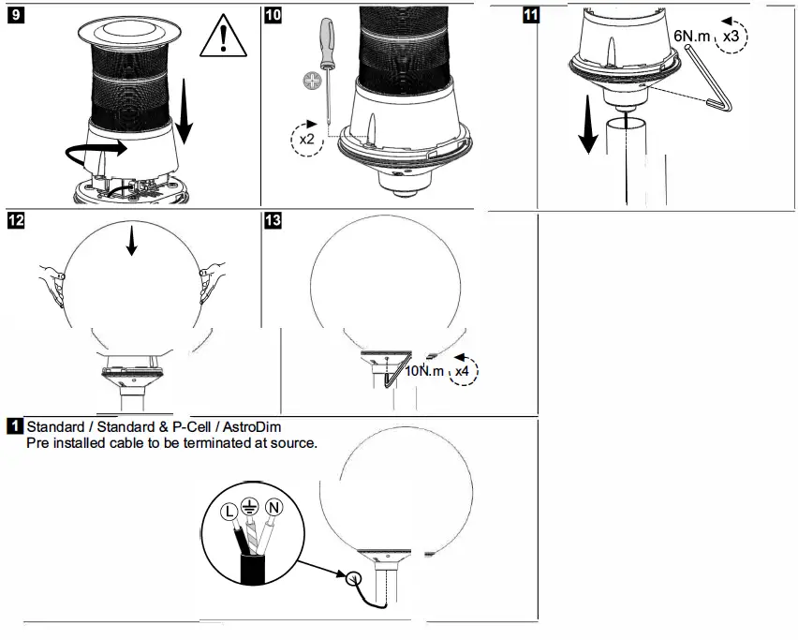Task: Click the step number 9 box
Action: click(x=14, y=17)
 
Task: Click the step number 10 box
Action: click(x=273, y=17)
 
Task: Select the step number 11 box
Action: click(x=531, y=17)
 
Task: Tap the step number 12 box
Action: click(x=14, y=221)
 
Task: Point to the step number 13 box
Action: click(x=273, y=221)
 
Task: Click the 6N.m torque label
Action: click(x=692, y=35)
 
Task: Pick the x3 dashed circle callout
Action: click(x=732, y=35)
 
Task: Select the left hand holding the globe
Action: click(x=52, y=279)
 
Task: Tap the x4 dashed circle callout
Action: click(x=463, y=371)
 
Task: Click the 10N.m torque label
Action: click(x=424, y=372)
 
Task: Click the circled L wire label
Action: click(x=228, y=512)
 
